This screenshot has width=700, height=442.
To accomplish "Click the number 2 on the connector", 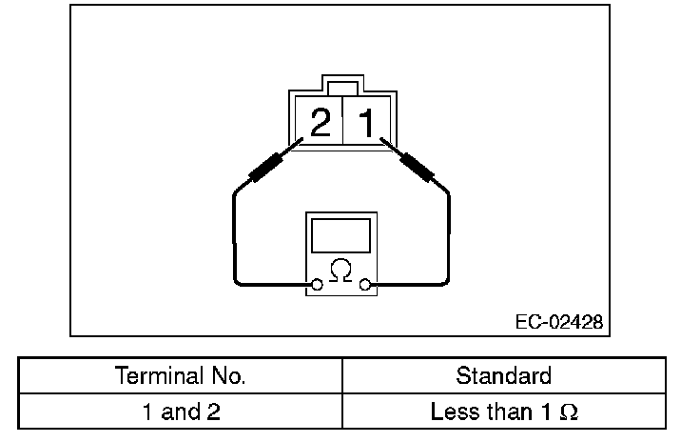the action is [321, 124].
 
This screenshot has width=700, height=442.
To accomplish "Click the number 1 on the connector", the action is [364, 124].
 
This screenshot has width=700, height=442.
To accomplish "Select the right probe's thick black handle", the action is [418, 168].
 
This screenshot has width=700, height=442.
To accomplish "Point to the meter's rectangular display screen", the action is [340, 234].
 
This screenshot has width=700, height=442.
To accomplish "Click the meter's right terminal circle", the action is [366, 284].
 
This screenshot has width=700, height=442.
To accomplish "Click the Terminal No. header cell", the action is [180, 375].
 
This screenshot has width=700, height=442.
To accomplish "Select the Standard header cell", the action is [503, 375].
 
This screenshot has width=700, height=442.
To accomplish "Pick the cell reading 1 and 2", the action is [180, 412].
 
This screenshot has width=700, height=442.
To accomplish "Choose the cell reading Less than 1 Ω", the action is [503, 412].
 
